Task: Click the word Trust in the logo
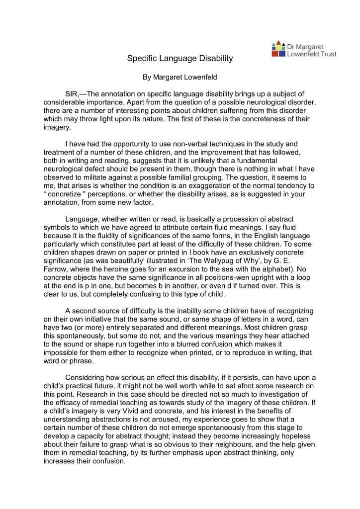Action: click(x=325, y=54)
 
